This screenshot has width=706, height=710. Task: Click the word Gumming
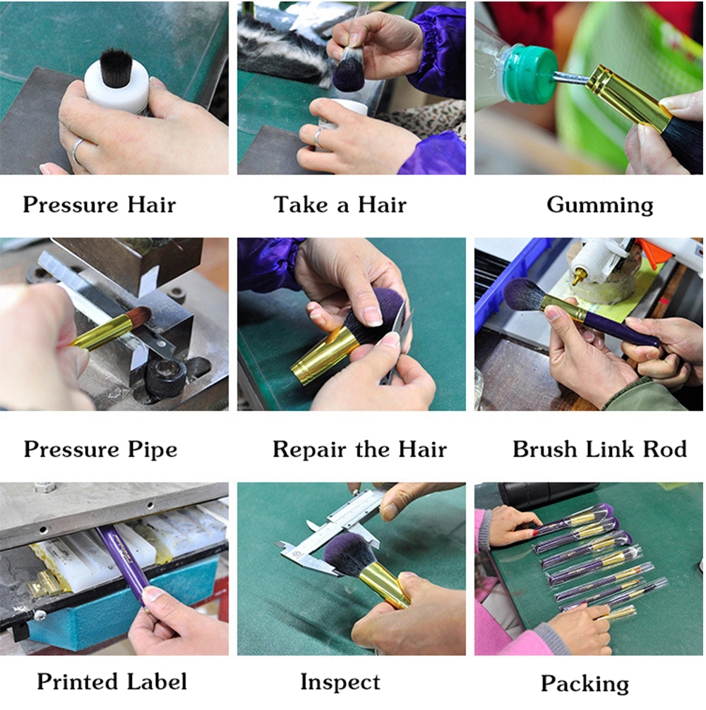(x=600, y=204)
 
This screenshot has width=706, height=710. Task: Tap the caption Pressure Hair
(x=100, y=204)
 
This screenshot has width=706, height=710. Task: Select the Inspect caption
(x=340, y=682)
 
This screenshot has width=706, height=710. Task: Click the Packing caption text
(x=585, y=684)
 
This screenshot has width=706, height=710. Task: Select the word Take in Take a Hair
(x=300, y=204)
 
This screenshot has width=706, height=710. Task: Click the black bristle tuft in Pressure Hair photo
(x=116, y=67)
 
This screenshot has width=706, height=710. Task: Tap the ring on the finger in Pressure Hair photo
(x=77, y=151)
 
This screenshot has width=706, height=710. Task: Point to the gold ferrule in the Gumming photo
(x=629, y=97)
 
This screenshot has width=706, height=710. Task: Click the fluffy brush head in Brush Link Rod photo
(x=525, y=294)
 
